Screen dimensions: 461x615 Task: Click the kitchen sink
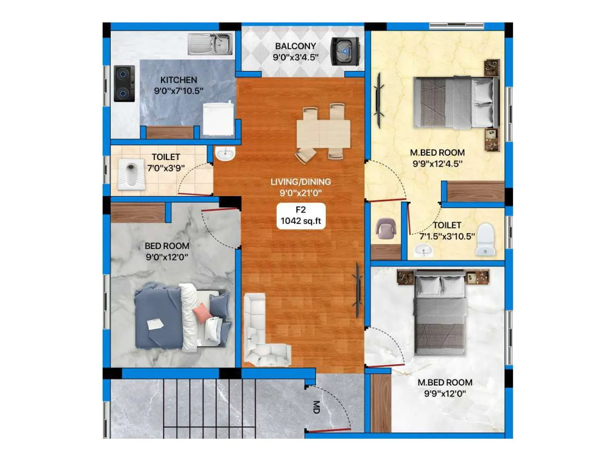(x=210, y=44)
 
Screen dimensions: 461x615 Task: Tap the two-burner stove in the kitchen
(x=124, y=83)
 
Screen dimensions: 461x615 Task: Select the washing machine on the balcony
(x=345, y=51)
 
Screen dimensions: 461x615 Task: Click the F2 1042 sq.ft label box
(x=301, y=216)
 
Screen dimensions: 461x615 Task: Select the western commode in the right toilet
(x=485, y=239)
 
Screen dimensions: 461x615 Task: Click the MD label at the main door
(x=316, y=407)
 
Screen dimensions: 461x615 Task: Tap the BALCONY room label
(x=295, y=46)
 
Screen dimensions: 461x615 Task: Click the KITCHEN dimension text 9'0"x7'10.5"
(x=178, y=91)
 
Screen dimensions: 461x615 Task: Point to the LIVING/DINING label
(x=301, y=182)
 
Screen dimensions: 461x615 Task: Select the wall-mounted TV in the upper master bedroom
(x=379, y=100)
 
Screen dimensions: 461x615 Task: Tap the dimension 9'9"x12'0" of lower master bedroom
(x=445, y=393)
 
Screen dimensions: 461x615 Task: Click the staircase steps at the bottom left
(x=208, y=407)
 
